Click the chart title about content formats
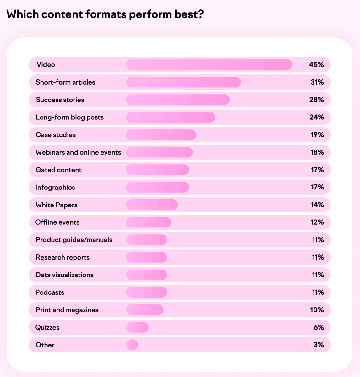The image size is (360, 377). pyautogui.click(x=105, y=14)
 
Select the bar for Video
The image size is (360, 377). pyautogui.click(x=209, y=65)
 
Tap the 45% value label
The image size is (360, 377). pyautogui.click(x=316, y=65)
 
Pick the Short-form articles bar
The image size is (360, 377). pyautogui.click(x=183, y=82)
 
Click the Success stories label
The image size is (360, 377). pyautogui.click(x=60, y=100)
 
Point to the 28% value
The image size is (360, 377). pyautogui.click(x=316, y=100)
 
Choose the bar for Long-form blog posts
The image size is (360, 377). pyautogui.click(x=171, y=117)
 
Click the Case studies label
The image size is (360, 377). pyautogui.click(x=56, y=135)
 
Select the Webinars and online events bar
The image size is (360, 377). pyautogui.click(x=159, y=152)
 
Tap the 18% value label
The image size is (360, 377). pyautogui.click(x=317, y=152)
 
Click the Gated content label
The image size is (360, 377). pyautogui.click(x=59, y=170)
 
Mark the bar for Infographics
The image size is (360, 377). pyautogui.click(x=157, y=188)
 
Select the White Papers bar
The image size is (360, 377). pyautogui.click(x=152, y=205)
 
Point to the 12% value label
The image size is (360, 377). pyautogui.click(x=317, y=222)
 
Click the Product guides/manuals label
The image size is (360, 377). pyautogui.click(x=74, y=240)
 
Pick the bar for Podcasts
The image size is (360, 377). pyautogui.click(x=146, y=292)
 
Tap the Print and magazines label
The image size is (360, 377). pyautogui.click(x=67, y=310)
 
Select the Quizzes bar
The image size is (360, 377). pyautogui.click(x=137, y=327)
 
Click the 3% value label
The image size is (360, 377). pyautogui.click(x=319, y=345)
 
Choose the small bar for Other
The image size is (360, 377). pyautogui.click(x=132, y=345)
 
